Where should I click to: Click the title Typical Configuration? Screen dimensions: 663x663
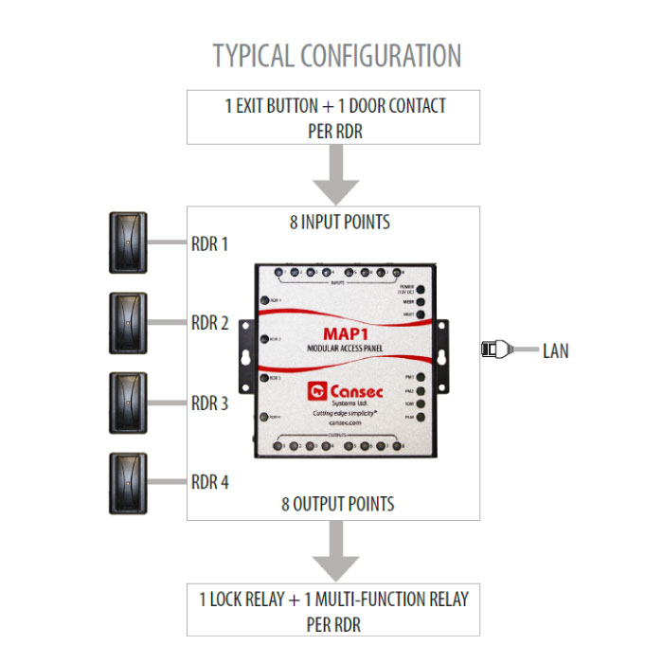click(336, 55)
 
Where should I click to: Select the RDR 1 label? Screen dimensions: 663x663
click(209, 242)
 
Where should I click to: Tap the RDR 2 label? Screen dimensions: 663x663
click(209, 323)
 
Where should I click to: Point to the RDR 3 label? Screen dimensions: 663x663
click(209, 403)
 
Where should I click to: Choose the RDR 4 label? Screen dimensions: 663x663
click(209, 482)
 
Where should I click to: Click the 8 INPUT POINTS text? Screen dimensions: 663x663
click(339, 224)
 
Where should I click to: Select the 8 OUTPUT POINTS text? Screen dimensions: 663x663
click(337, 503)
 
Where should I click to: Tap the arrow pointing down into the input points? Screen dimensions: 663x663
click(336, 174)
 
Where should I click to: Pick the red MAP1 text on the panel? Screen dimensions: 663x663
click(345, 333)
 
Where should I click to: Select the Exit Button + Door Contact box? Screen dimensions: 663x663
click(334, 117)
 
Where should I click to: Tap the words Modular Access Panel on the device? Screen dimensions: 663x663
click(345, 350)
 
